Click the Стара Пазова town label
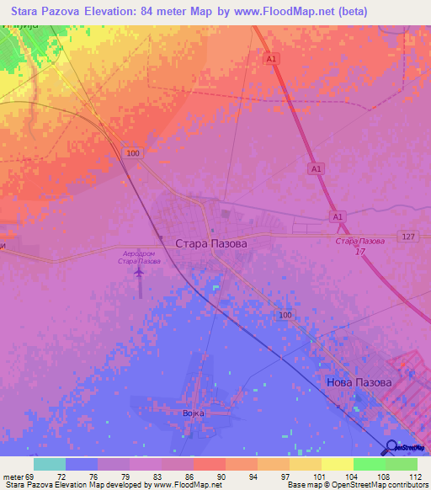[211, 243]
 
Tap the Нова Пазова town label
[359, 382]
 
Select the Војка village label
[194, 413]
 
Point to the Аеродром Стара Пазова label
[139, 257]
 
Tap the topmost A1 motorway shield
[271, 59]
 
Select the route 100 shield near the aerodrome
[132, 152]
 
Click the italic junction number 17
[360, 252]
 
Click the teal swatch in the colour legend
[49, 464]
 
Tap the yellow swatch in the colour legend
[337, 464]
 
